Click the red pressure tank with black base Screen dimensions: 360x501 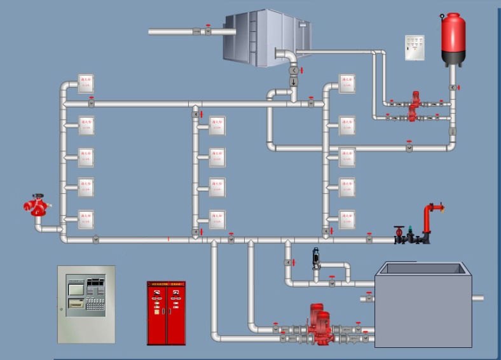tap(453, 39)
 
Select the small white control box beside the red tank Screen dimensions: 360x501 tap(415, 48)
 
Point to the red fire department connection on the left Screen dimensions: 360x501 tap(37, 205)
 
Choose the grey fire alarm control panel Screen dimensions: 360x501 tap(86, 304)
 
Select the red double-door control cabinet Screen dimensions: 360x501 tap(166, 313)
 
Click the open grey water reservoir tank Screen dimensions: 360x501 tap(423, 305)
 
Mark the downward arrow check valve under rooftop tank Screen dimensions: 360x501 tap(294, 82)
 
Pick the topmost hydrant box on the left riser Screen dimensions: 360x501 tap(86, 84)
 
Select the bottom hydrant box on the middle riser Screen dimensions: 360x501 tap(217, 218)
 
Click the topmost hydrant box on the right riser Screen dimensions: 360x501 tap(347, 84)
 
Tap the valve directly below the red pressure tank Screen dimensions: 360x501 tap(453, 87)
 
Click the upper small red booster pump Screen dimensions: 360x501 tap(416, 99)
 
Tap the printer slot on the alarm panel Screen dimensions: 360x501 tap(75, 304)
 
